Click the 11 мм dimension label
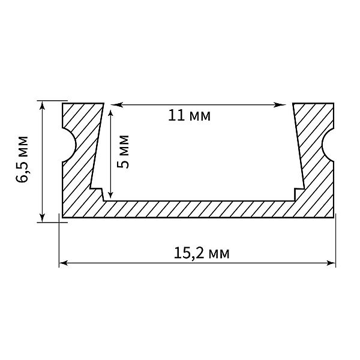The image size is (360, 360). pyautogui.click(x=189, y=115)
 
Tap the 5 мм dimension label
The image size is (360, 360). pyautogui.click(x=123, y=152)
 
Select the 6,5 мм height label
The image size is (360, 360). pyautogui.click(x=22, y=160)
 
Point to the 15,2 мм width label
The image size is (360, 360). pyautogui.click(x=202, y=253)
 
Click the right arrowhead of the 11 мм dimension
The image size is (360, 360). pyautogui.click(x=280, y=105)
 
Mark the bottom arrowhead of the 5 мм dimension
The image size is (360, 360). pyautogui.click(x=110, y=193)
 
